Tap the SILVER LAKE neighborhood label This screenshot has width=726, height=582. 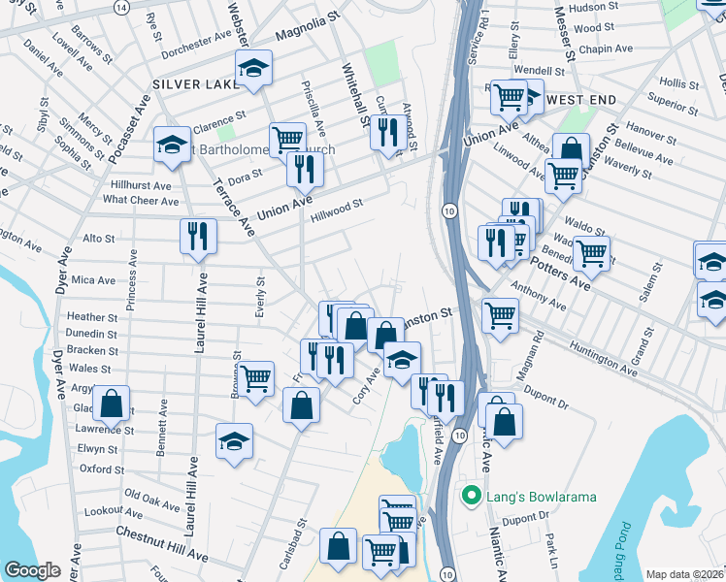[196, 84]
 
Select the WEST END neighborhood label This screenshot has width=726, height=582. [581, 100]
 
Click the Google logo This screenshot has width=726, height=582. [32, 570]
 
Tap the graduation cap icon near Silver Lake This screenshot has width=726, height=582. [254, 67]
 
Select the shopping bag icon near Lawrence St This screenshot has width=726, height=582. [112, 403]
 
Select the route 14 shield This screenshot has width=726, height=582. [120, 6]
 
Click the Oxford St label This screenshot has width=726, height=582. [96, 469]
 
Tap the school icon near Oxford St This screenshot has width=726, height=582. [234, 441]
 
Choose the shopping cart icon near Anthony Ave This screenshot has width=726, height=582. [500, 314]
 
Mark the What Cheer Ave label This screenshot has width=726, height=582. [141, 201]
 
